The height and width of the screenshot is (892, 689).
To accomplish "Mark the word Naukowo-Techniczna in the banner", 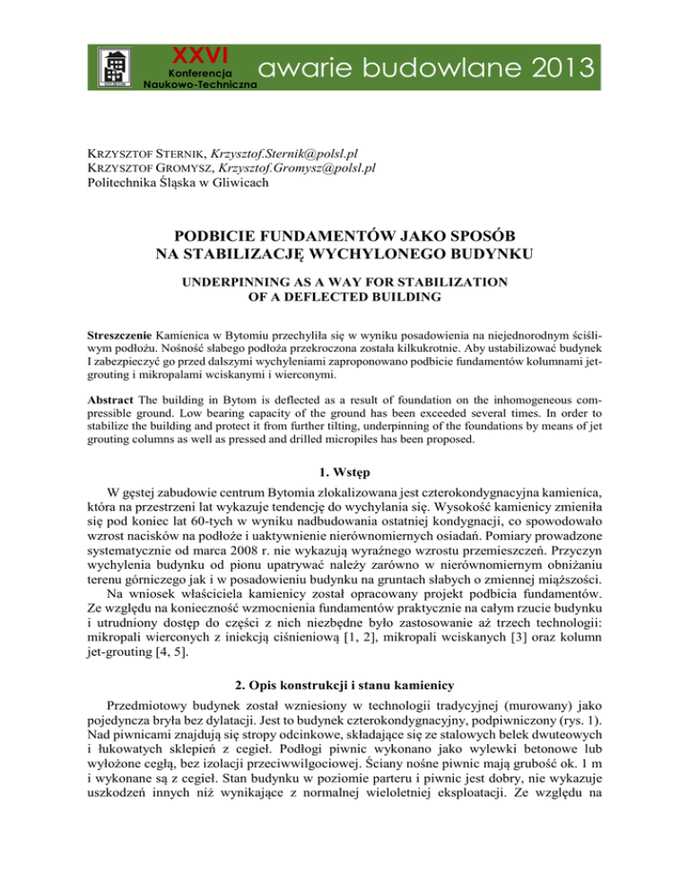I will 200,83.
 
